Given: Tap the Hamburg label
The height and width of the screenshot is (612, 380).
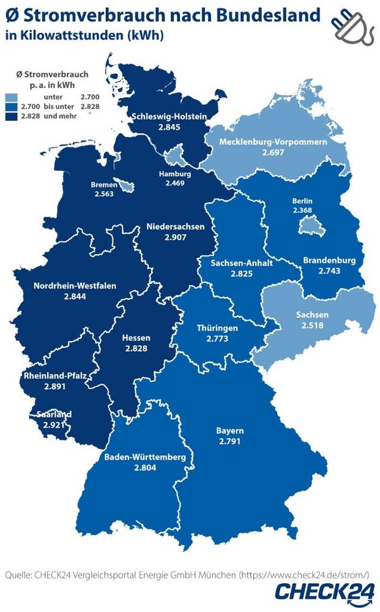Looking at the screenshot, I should pyautogui.click(x=174, y=173).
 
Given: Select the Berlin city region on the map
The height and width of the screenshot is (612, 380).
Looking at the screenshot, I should pyautogui.click(x=307, y=228).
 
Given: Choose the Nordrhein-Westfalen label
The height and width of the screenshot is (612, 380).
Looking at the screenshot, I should pyautogui.click(x=75, y=286).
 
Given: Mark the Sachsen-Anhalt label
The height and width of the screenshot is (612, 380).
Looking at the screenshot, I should pyautogui.click(x=241, y=263).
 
